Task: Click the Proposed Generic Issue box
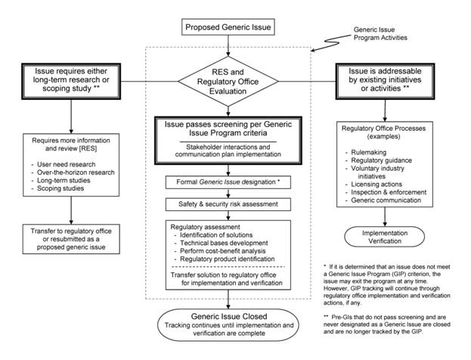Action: [228, 27]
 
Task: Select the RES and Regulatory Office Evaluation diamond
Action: [228, 82]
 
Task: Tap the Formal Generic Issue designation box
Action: [228, 182]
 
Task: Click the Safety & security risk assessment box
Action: [228, 204]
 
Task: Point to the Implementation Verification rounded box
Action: [385, 237]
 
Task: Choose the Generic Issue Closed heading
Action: [229, 316]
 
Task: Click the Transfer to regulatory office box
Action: [71, 239]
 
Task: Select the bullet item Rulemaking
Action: [369, 152]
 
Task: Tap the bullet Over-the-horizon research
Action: [76, 172]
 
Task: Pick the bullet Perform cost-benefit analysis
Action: [223, 251]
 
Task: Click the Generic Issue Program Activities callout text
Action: [380, 34]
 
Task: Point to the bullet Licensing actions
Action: [376, 185]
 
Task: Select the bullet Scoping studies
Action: [60, 188]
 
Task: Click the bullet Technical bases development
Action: [224, 243]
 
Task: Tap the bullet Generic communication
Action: [386, 200]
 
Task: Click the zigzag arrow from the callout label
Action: [331, 42]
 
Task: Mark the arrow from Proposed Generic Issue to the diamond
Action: [228, 45]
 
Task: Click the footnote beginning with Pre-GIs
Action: [387, 324]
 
